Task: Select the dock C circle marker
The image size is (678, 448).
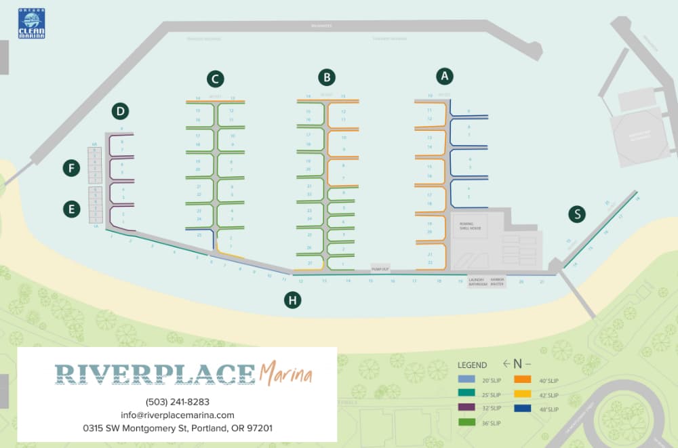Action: (215, 79)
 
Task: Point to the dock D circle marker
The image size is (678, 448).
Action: (121, 111)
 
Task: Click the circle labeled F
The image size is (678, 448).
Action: (71, 168)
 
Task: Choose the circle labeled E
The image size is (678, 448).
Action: (71, 210)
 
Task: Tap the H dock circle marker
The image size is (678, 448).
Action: (292, 300)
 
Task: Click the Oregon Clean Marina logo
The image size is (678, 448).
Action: (31, 24)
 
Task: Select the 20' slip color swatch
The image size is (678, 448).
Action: (465, 380)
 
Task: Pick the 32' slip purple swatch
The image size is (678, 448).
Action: (465, 408)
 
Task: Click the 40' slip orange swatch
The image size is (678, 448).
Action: (522, 380)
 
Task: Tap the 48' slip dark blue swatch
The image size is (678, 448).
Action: (522, 409)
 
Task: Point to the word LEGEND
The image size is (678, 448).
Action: (472, 365)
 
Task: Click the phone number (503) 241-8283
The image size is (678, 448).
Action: (178, 401)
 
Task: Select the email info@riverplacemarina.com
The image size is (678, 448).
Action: (178, 415)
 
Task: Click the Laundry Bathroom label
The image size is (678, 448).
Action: (478, 281)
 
